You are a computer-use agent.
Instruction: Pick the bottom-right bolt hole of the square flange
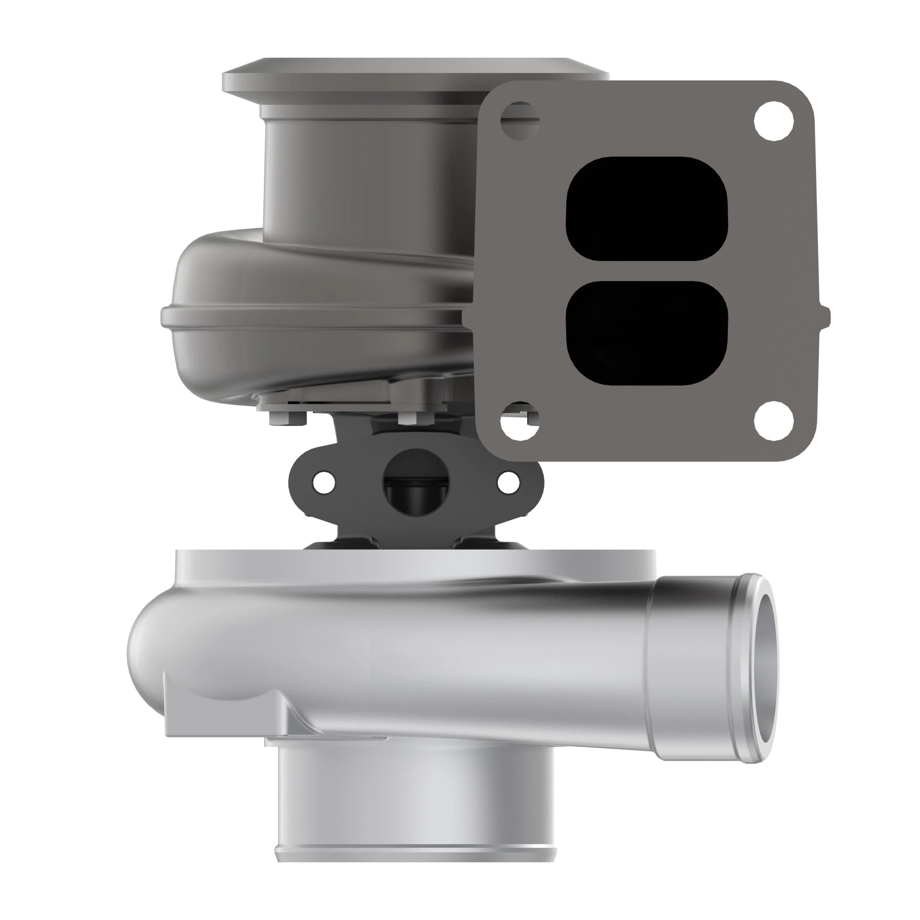click(x=774, y=421)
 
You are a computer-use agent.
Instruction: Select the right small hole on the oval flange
click(x=508, y=483)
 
